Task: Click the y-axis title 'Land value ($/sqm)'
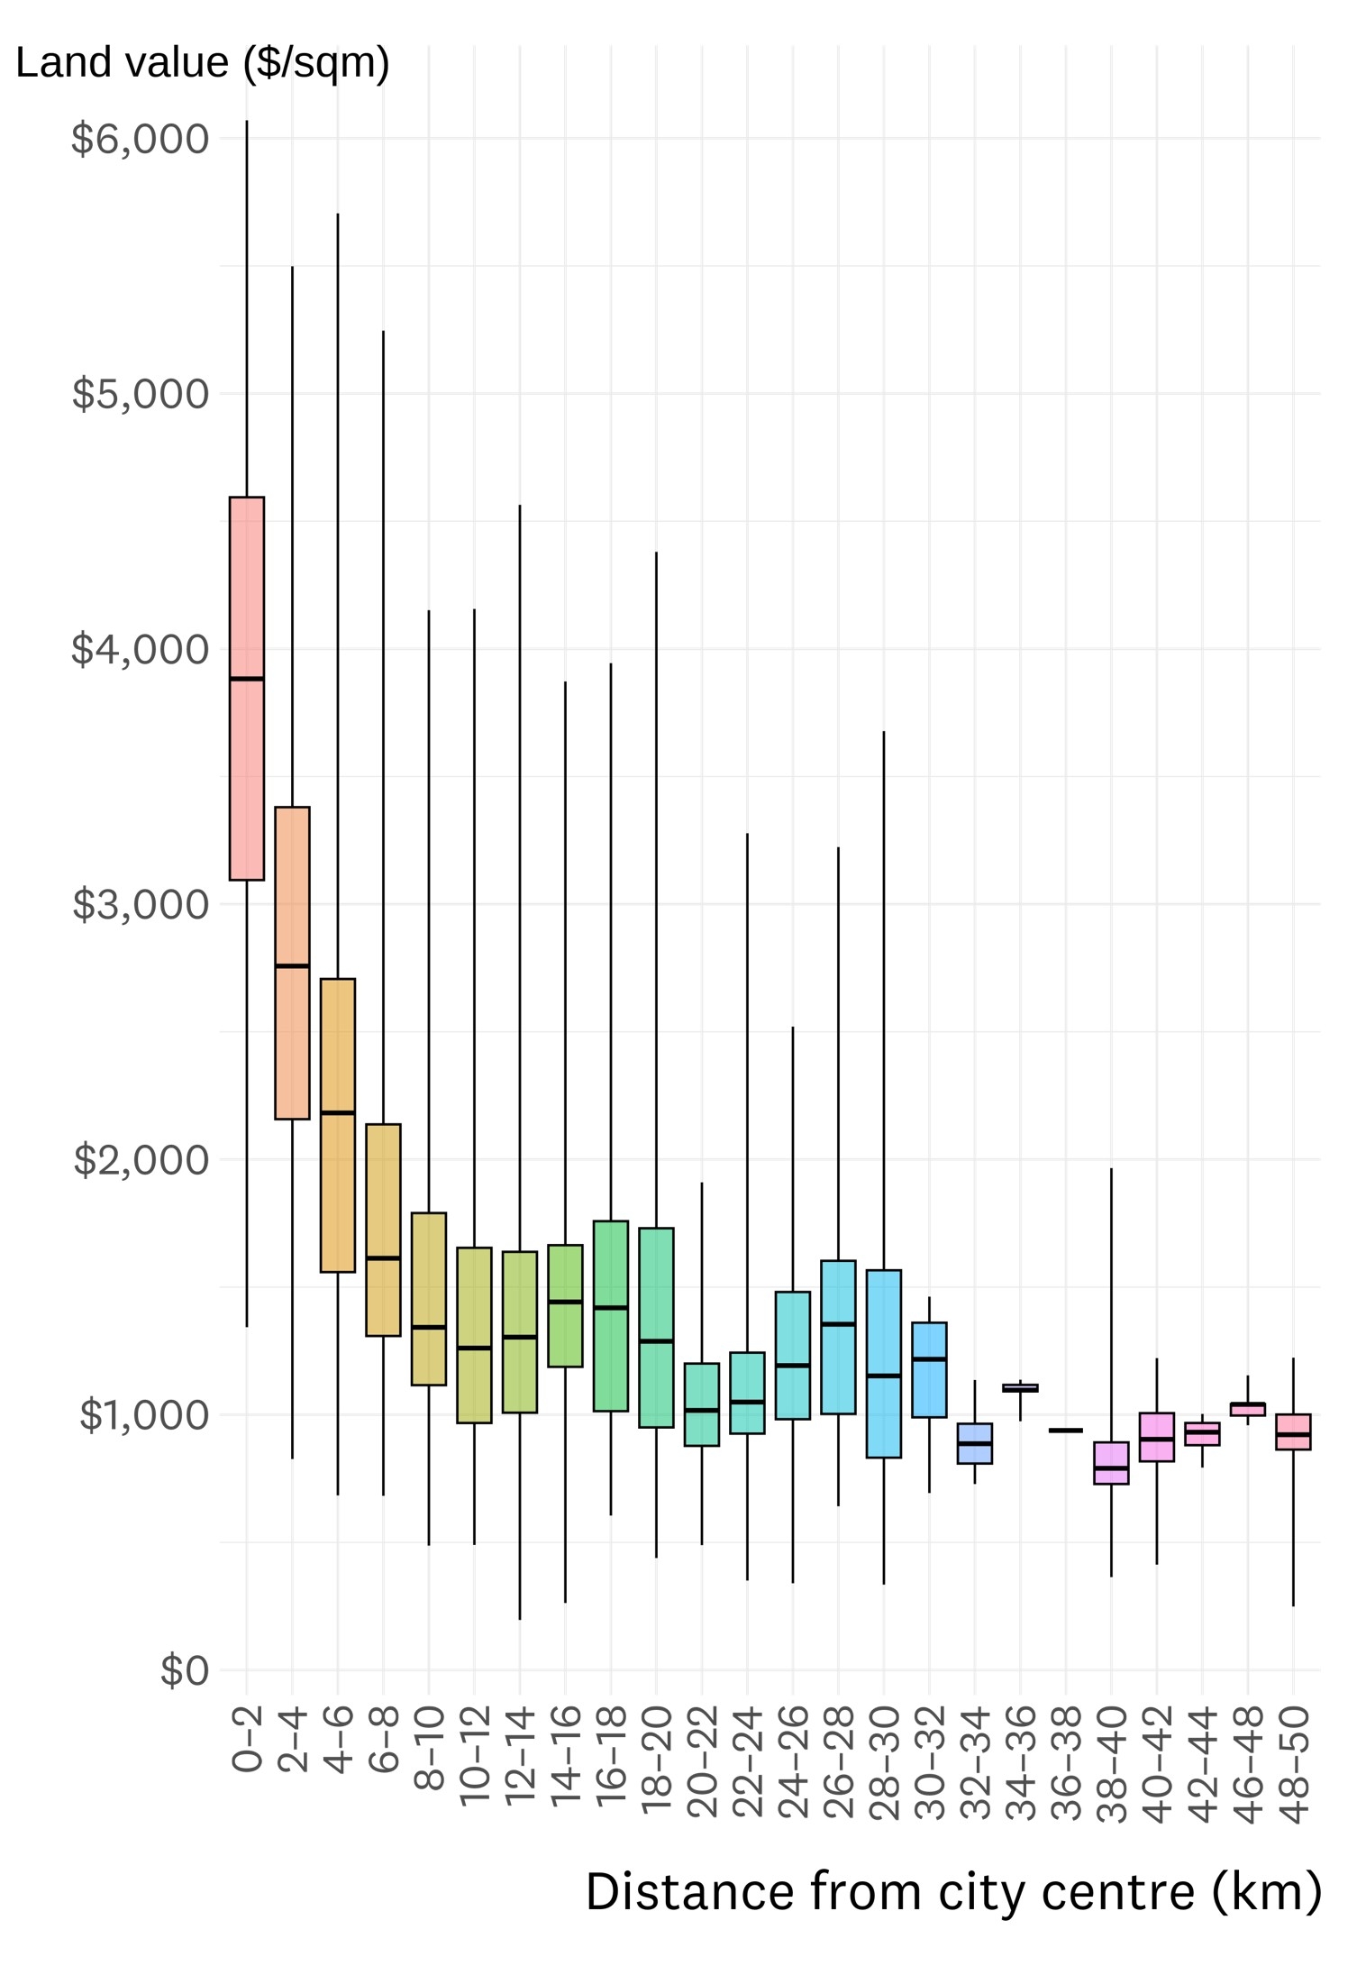click(x=203, y=63)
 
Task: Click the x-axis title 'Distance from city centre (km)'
click(x=953, y=1891)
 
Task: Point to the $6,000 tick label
click(x=140, y=139)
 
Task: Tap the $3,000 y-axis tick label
click(x=140, y=904)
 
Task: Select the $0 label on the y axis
click(x=184, y=1669)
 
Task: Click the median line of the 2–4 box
click(x=292, y=965)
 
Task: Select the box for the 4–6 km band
click(x=338, y=1172)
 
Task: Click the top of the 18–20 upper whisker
click(x=656, y=553)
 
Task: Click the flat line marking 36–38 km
click(x=1066, y=1431)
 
